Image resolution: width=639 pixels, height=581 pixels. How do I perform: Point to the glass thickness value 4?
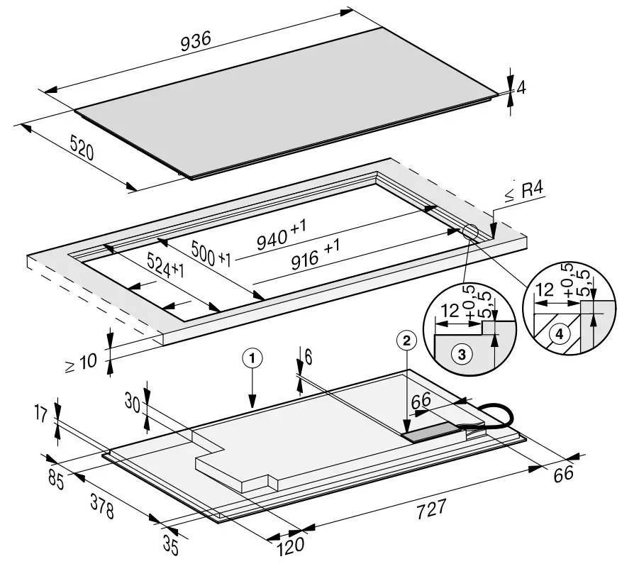pyautogui.click(x=521, y=88)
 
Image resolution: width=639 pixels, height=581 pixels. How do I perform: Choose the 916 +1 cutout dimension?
pyautogui.click(x=316, y=256)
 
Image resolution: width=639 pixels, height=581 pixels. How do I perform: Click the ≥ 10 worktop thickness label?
pyautogui.click(x=81, y=363)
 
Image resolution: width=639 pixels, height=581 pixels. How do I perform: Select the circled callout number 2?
pyautogui.click(x=406, y=341)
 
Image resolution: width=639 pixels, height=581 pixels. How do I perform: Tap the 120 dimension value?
pyautogui.click(x=290, y=545)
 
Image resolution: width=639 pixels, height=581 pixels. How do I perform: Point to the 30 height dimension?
pyautogui.click(x=130, y=402)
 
